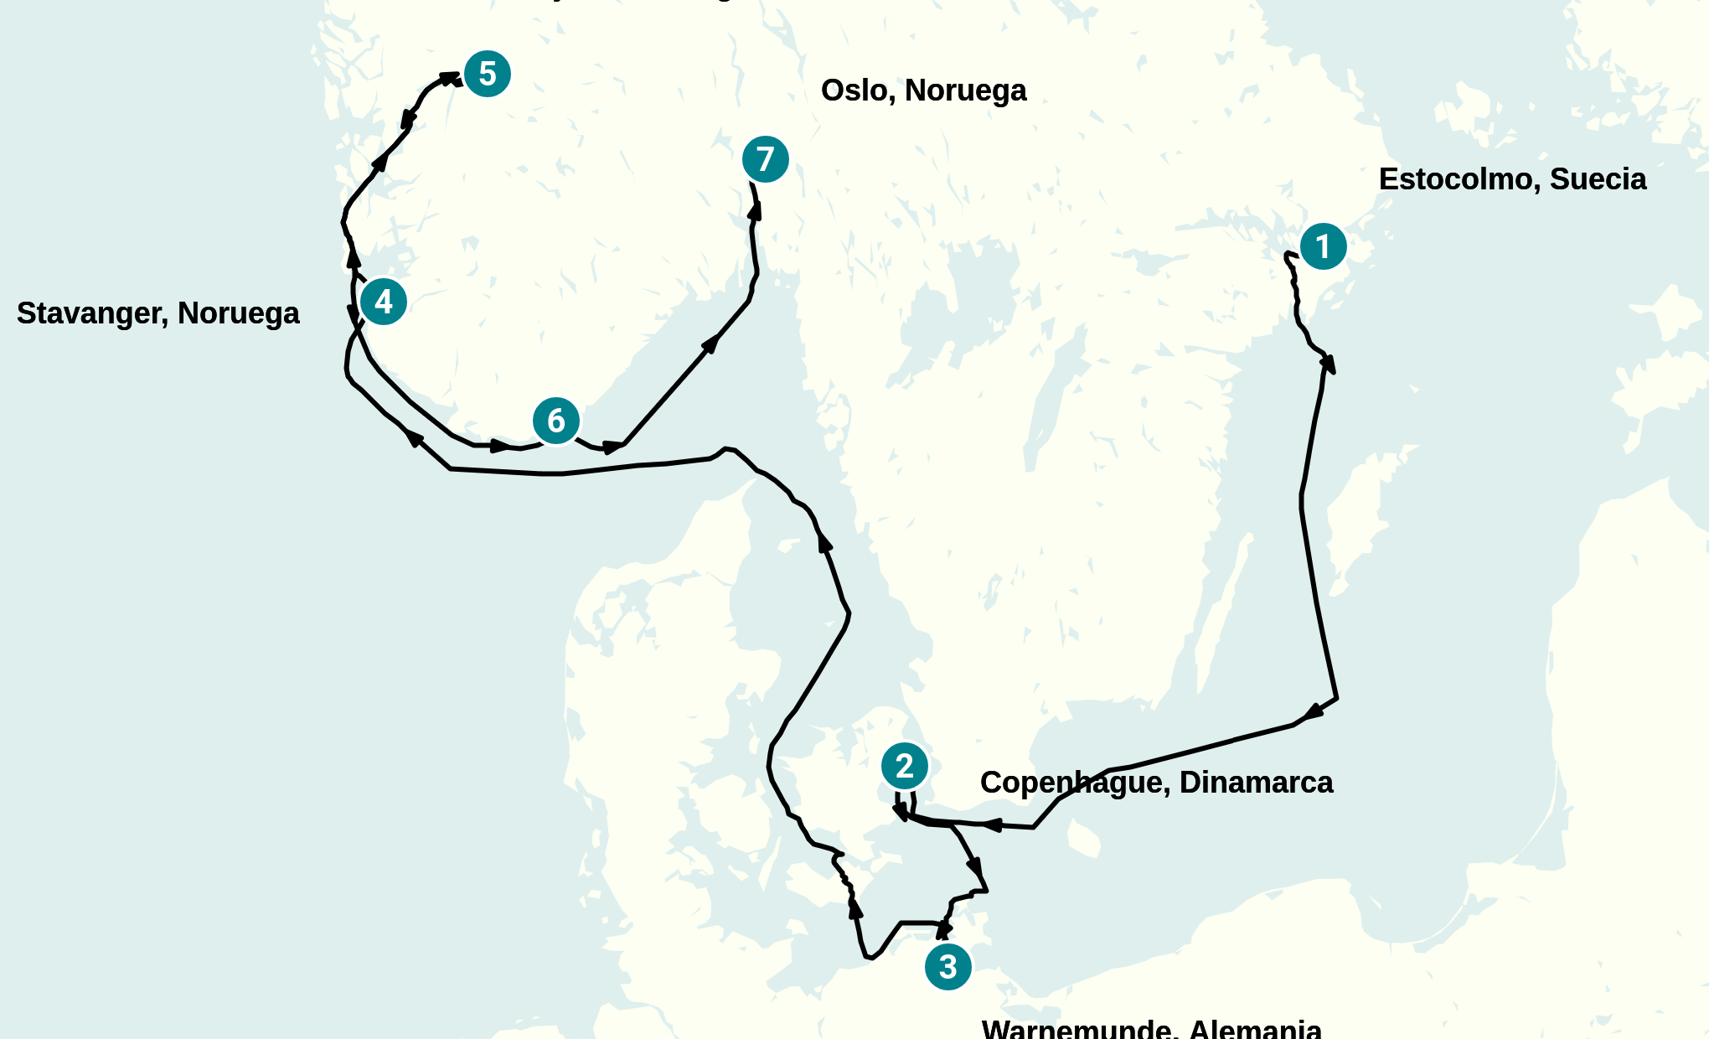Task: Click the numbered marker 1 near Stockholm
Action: [x=1323, y=247]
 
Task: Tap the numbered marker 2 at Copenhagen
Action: [x=904, y=766]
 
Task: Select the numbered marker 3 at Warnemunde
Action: [x=947, y=967]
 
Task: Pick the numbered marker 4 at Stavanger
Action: [x=384, y=302]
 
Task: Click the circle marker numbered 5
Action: [x=487, y=74]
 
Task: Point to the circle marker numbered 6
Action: [x=556, y=421]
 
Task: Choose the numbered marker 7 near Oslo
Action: [x=765, y=159]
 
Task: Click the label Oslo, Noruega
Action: [x=923, y=90]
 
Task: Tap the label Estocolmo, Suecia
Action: [x=1512, y=179]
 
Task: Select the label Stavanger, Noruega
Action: [x=157, y=313]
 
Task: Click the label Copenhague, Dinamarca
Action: [x=1156, y=783]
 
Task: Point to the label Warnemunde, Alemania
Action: [x=1151, y=1029]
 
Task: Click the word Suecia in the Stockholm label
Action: [x=1598, y=179]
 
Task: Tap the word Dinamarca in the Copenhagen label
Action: [x=1256, y=783]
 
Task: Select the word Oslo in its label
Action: [x=854, y=90]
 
